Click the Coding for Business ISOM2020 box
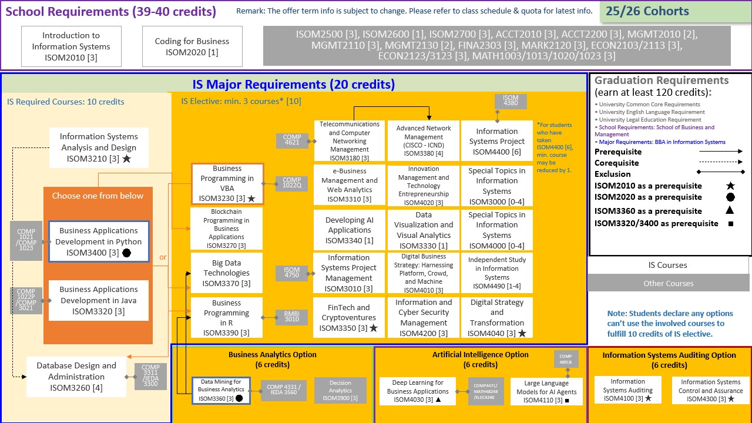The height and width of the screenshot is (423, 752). tap(192, 46)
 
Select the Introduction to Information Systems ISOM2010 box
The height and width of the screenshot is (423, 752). tap(71, 46)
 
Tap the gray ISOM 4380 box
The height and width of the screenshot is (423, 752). tap(511, 101)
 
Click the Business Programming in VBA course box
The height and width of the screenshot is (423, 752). tap(227, 184)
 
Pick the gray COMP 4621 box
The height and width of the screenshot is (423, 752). tap(292, 140)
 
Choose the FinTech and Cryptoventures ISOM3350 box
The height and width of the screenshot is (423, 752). tap(349, 317)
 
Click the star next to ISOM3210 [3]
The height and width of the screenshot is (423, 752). tap(126, 159)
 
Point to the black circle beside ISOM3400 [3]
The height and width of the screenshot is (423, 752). tap(126, 253)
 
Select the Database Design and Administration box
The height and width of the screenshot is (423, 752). tap(76, 377)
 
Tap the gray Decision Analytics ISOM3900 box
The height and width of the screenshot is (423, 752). tap(340, 391)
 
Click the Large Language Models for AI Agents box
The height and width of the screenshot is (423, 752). tap(546, 391)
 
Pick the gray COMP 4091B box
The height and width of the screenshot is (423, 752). tap(566, 359)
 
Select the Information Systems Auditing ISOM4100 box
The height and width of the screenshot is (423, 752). tap(628, 390)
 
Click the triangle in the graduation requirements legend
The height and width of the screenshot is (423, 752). tap(730, 210)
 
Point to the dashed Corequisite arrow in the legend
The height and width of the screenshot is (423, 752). tap(721, 162)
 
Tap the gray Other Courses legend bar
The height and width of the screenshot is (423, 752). tap(668, 283)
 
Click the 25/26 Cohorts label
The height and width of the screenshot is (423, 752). tap(647, 11)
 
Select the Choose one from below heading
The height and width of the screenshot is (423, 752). tap(98, 196)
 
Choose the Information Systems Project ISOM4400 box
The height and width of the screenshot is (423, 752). tap(497, 141)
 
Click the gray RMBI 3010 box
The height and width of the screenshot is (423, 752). tap(292, 317)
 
